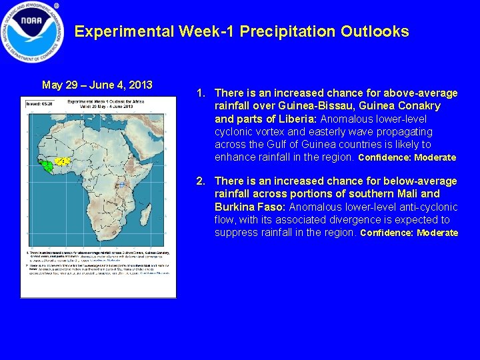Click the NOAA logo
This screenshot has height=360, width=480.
(32, 31)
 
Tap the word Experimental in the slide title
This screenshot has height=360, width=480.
(125, 32)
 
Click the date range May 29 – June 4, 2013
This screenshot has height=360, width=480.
(97, 85)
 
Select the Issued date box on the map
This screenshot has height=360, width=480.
(38, 104)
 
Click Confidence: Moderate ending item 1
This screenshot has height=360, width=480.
(407, 158)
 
